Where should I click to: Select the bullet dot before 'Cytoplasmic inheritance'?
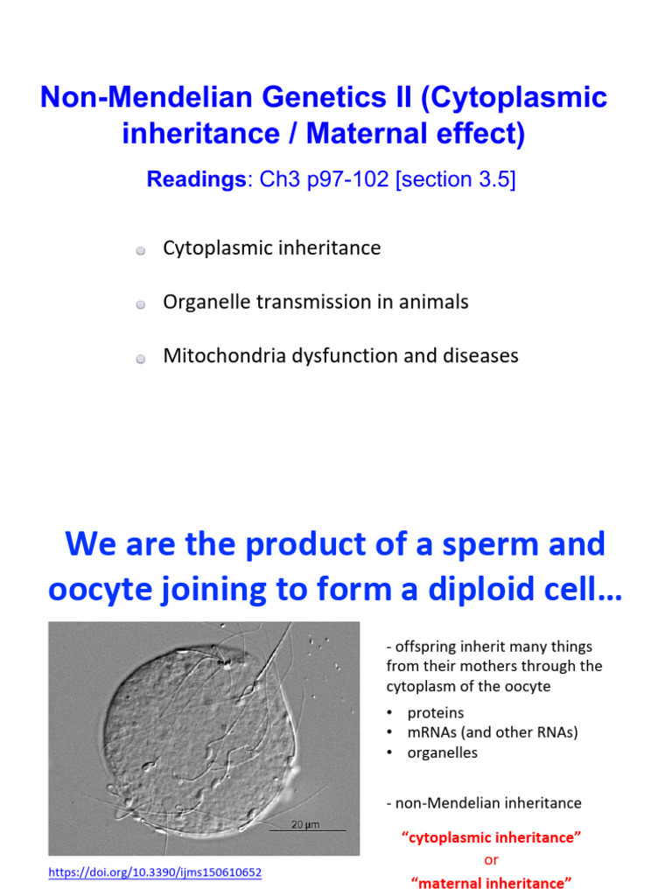click(140, 251)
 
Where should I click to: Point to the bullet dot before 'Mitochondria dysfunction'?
click(140, 359)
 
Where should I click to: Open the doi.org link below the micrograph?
click(155, 872)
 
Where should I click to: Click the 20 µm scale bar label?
click(305, 824)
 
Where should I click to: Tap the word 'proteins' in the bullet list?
click(436, 712)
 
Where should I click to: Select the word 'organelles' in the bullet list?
click(443, 752)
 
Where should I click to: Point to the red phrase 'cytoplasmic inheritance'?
click(491, 838)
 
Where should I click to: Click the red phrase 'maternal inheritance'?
click(491, 883)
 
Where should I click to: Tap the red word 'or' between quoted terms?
click(491, 860)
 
